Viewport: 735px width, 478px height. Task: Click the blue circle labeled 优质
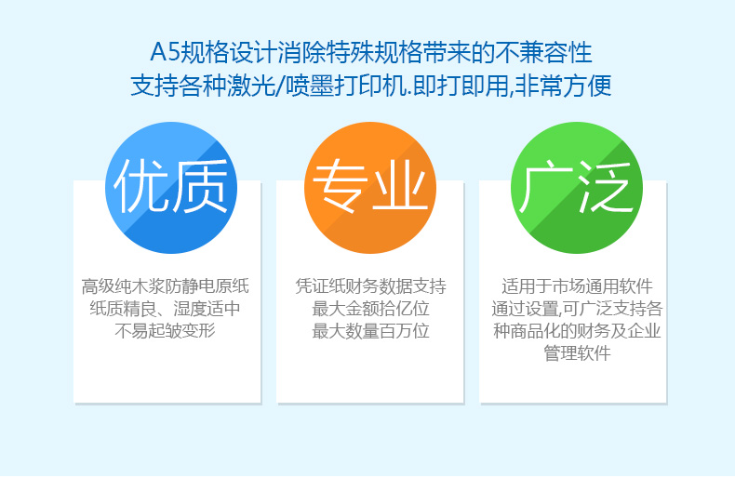[x=171, y=188]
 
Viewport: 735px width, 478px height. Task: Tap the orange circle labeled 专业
[x=370, y=188]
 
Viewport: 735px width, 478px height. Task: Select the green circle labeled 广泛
[x=577, y=188]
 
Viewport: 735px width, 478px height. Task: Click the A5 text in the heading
[x=165, y=52]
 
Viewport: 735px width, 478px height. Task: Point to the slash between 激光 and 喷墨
[x=279, y=86]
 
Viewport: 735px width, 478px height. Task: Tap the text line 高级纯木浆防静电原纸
[x=166, y=285]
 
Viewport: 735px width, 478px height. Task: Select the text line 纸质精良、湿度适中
[x=166, y=309]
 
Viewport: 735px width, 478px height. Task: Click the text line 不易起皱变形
[x=166, y=331]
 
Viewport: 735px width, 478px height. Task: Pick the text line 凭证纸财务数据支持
[x=371, y=285]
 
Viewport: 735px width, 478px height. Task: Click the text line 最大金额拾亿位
[x=371, y=309]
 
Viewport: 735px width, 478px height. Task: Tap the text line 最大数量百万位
[x=371, y=331]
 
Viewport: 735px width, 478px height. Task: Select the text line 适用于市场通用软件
[x=577, y=285]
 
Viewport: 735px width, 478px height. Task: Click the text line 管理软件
[x=577, y=352]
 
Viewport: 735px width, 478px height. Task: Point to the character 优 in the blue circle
[x=141, y=187]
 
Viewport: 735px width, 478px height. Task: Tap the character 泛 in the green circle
[x=605, y=187]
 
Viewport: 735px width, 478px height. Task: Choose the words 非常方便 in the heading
[x=563, y=86]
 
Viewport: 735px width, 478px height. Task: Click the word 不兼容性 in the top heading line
[x=543, y=52]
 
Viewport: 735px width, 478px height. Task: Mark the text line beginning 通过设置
[x=577, y=309]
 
